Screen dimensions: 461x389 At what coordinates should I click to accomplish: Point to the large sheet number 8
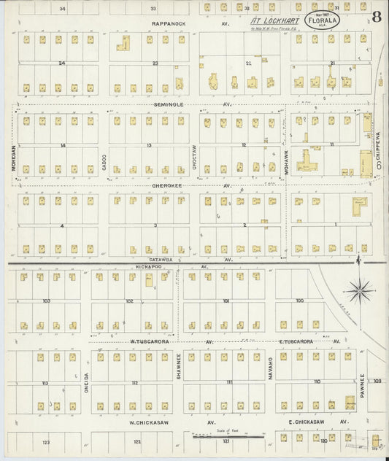(x=375, y=17)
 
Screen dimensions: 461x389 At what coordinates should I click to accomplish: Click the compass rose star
(x=359, y=292)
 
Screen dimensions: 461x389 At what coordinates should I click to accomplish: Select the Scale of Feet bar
(x=228, y=435)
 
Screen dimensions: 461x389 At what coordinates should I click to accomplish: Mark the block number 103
(x=45, y=301)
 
